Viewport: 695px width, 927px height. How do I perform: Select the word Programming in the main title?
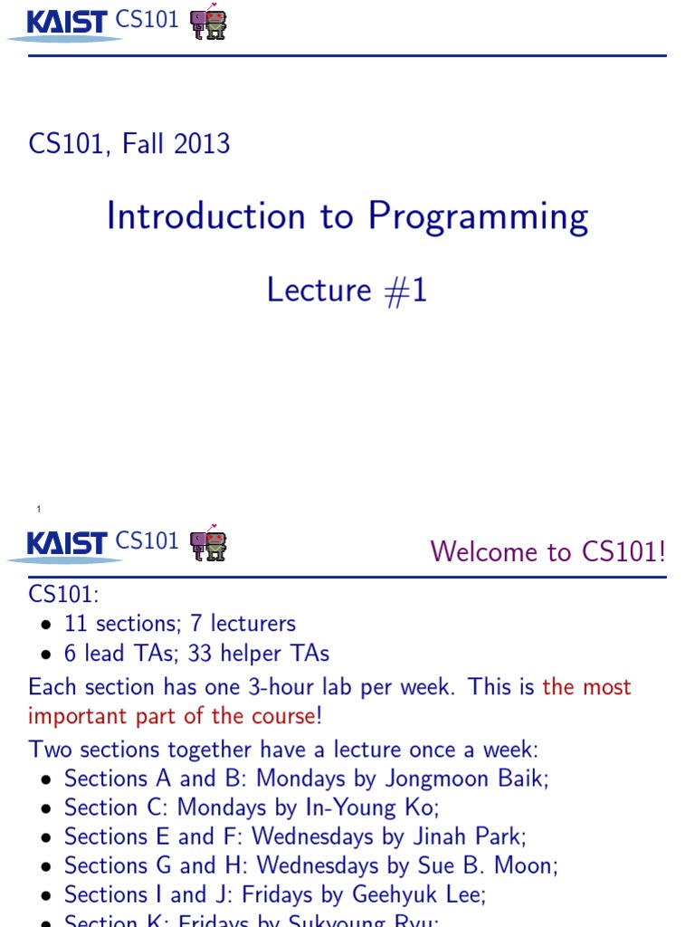[477, 217]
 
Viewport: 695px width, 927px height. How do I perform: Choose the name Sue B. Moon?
[500, 865]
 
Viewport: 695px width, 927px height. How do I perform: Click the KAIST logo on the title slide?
[67, 22]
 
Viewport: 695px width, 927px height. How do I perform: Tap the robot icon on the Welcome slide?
[208, 543]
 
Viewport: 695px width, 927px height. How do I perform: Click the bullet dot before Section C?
[46, 808]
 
